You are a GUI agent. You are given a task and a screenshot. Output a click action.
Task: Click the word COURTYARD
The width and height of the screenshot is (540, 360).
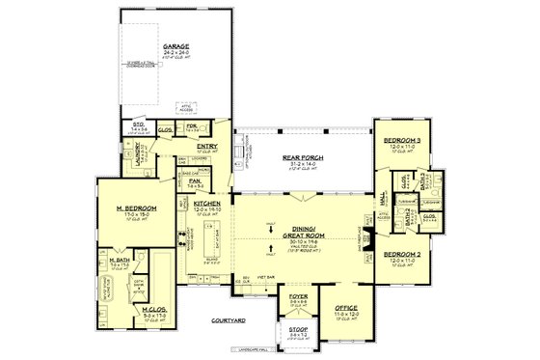click(x=229, y=318)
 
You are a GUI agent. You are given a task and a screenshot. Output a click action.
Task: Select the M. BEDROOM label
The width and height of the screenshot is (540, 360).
click(x=131, y=208)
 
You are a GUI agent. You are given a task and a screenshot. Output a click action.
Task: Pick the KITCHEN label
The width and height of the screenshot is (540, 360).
click(x=207, y=205)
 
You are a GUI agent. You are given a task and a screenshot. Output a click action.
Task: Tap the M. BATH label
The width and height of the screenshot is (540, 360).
click(x=120, y=260)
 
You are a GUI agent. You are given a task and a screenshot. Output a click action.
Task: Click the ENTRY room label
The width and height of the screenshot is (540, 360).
click(x=208, y=146)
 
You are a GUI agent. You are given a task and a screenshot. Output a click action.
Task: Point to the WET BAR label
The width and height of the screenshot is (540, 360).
click(x=263, y=277)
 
